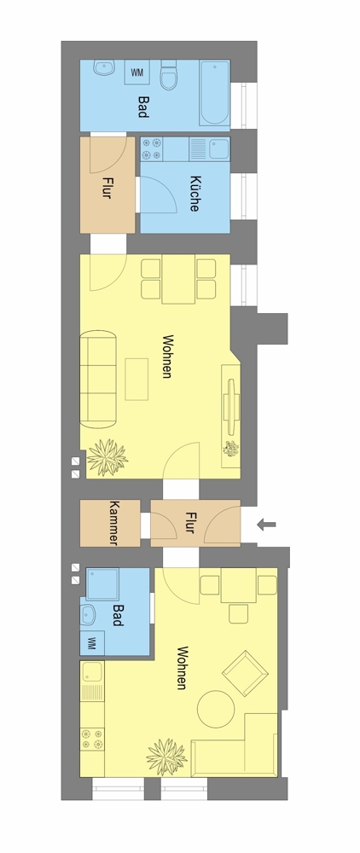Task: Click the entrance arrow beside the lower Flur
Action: coord(266,525)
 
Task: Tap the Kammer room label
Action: coord(113,523)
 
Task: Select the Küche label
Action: coord(195,193)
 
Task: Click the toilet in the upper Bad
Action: coord(169,75)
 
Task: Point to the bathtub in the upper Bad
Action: coord(214,93)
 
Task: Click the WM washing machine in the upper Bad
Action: coord(137,73)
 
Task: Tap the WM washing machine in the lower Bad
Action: coord(92,642)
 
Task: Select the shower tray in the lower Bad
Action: coord(102,584)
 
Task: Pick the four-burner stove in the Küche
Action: coord(152,149)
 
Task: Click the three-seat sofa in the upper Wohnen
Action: coord(98,379)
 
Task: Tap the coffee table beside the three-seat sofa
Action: coord(136,380)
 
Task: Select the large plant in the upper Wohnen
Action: coord(107,457)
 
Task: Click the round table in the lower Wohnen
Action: coord(215,709)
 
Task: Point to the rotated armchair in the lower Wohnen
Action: coord(245,674)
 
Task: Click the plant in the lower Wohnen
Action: coord(166,757)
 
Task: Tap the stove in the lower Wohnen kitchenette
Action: coord(92,740)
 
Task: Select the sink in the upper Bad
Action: coord(103,67)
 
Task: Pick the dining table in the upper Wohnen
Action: coord(178,279)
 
